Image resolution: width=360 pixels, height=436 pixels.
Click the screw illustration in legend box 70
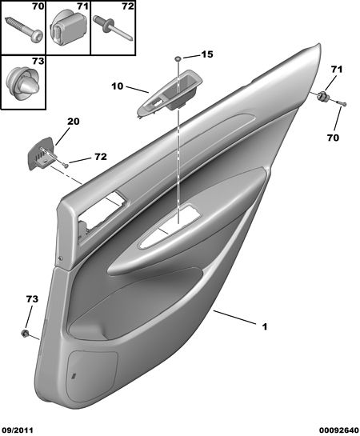[x=24, y=30]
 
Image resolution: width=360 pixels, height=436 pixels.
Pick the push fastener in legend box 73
[x=22, y=82]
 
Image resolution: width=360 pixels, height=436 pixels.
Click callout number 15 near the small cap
[x=207, y=54]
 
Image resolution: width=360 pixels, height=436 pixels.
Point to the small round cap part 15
[x=178, y=58]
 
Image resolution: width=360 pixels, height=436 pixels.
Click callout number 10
[x=117, y=86]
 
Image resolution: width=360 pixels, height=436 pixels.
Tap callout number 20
[x=73, y=122]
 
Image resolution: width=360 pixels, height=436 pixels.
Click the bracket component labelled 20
[x=42, y=154]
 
